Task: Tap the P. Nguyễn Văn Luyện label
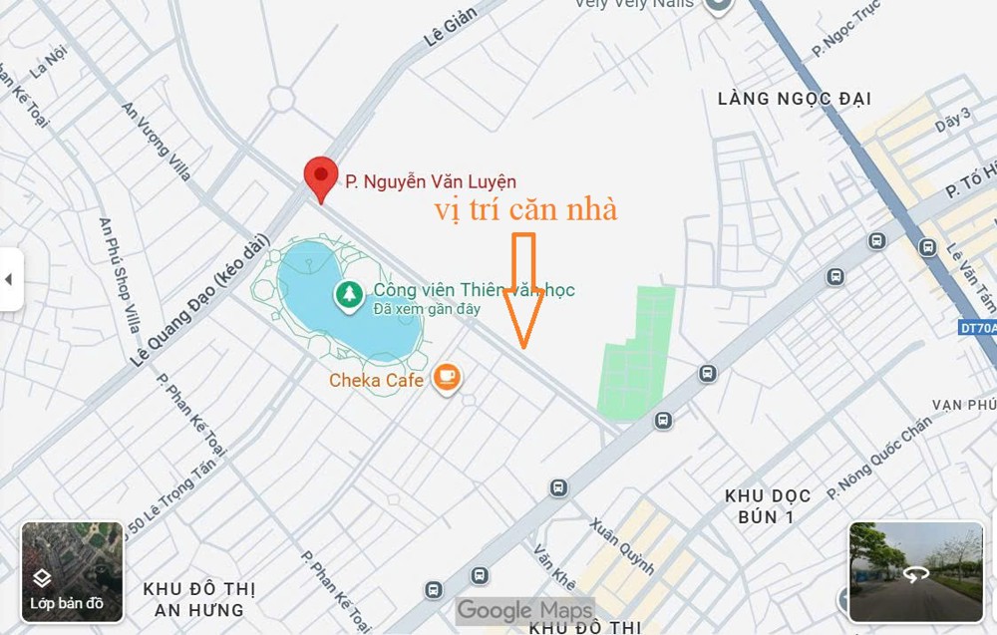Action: pos(431,181)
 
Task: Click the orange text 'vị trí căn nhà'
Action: pos(525,210)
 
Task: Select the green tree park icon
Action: pos(348,294)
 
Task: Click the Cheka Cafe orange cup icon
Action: pos(448,378)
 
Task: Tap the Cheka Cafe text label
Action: pos(377,380)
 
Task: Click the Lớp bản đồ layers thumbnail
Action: pos(73,571)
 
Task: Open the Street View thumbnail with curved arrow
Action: pos(915,572)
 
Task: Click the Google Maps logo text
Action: pos(523,609)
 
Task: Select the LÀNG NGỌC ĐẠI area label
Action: pos(795,99)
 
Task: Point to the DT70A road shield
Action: pos(977,326)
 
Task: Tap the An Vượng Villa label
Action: pos(157,141)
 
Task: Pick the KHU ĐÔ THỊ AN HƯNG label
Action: pos(193,598)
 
